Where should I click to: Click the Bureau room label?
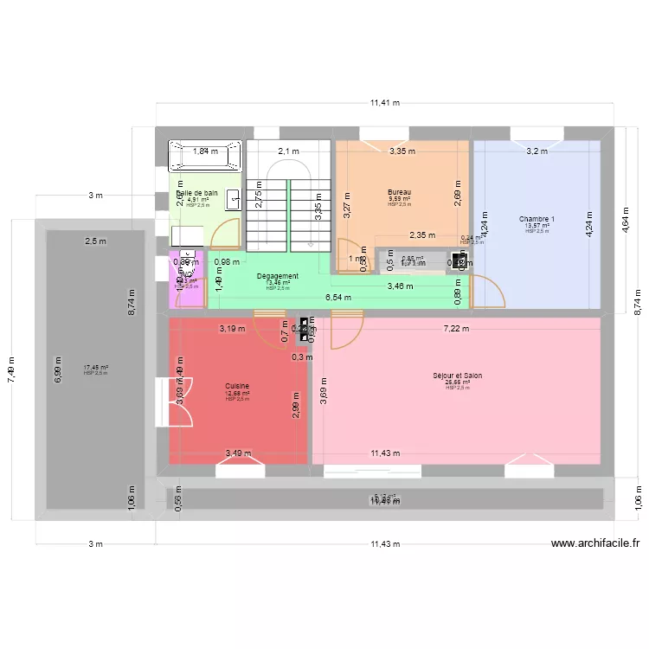[x=400, y=192]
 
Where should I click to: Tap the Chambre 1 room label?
[x=537, y=219]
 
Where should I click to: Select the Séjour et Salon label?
[x=458, y=376]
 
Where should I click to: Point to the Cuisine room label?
[x=237, y=386]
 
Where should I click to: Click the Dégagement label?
[x=278, y=276]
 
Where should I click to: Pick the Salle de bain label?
[x=197, y=194]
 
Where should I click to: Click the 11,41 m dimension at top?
[x=385, y=102]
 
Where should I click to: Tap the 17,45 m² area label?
[x=95, y=368]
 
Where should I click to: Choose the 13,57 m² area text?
[x=537, y=226]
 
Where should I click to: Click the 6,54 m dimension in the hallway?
[x=338, y=297]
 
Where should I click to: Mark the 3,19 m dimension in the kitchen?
[x=232, y=329]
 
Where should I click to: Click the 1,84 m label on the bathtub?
[x=205, y=151]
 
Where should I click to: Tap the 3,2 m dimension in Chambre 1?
[x=537, y=151]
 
